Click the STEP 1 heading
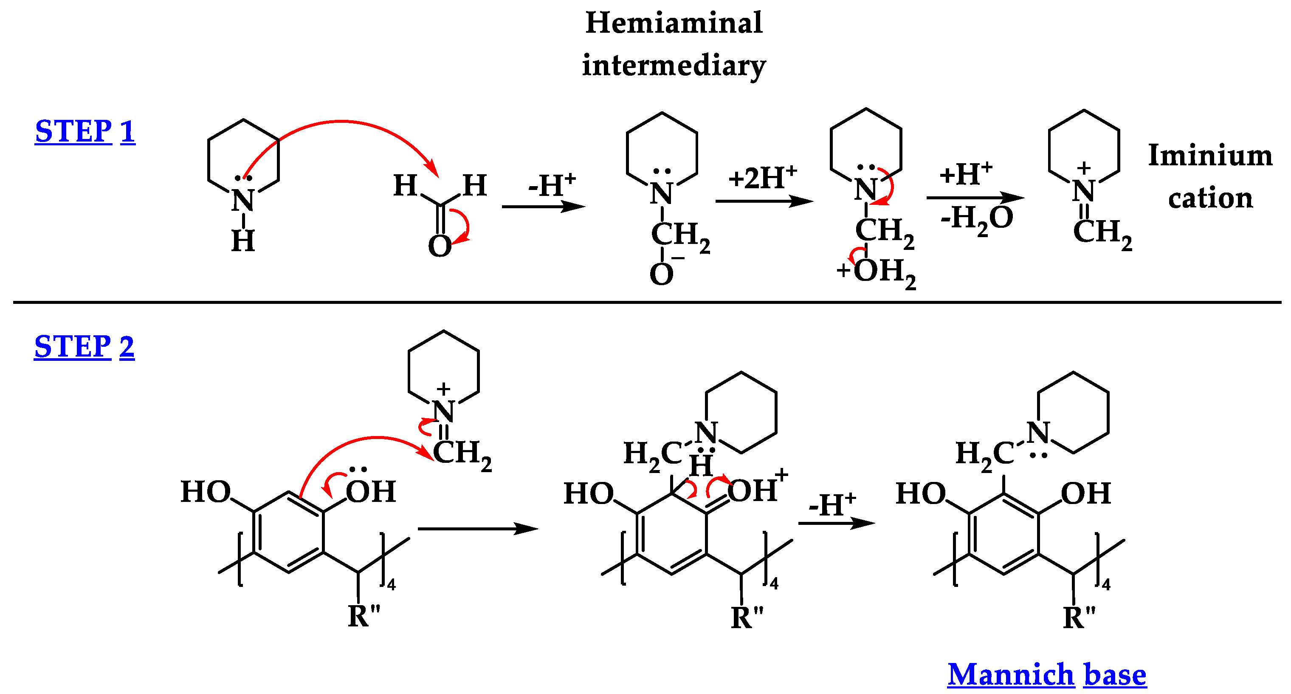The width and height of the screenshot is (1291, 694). pos(85,131)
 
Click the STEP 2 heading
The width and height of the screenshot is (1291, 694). pos(84,346)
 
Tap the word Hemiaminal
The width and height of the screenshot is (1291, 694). pos(674,23)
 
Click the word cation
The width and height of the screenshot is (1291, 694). pos(1210,198)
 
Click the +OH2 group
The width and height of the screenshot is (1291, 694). pos(877,272)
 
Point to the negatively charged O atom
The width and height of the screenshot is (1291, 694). pos(662,274)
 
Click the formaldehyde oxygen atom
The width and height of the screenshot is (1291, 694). pos(440,246)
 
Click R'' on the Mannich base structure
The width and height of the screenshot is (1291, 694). pos(1079,616)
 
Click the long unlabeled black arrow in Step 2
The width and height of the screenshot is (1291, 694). pos(478,529)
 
